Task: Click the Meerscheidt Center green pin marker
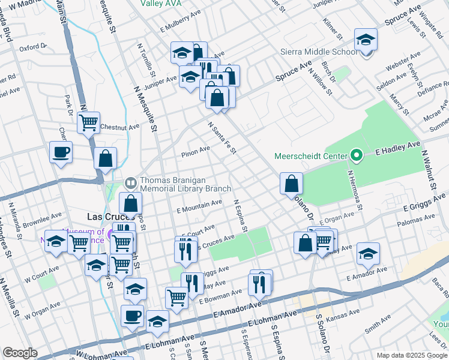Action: click(x=357, y=156)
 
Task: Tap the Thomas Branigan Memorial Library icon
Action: click(x=130, y=182)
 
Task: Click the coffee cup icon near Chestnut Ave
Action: click(x=61, y=152)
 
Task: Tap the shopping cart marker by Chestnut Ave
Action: click(x=89, y=123)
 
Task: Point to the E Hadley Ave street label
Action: click(x=396, y=152)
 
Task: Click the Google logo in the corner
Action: click(x=20, y=353)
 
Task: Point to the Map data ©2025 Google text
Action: click(x=412, y=355)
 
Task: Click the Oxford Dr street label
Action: click(x=32, y=48)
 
